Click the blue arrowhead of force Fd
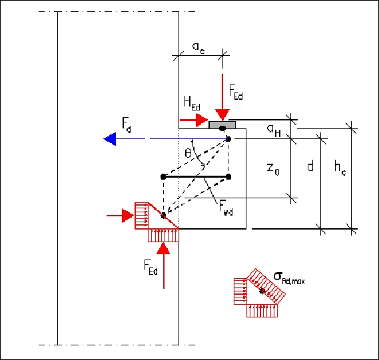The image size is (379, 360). pos(110,139)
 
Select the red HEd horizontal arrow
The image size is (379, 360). pos(194,120)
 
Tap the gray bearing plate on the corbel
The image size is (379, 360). pos(222,125)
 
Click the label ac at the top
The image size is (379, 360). pos(198,47)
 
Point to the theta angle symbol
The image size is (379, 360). pos(188,153)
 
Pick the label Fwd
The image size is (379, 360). pos(226,208)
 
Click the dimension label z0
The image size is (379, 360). pos(273,168)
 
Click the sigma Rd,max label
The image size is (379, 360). pos(289,278)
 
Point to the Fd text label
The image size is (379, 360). pos(127,125)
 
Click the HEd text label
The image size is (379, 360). pos(192,103)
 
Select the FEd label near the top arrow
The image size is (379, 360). pos(236,92)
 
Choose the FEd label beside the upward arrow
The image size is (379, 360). pos(151,267)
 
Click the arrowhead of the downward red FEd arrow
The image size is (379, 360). pos(222,114)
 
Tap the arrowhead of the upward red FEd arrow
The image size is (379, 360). pos(163,248)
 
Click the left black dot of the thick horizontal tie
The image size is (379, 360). pos(163,177)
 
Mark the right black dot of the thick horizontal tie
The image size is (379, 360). pos(228,177)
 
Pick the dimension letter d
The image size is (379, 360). pos(310,166)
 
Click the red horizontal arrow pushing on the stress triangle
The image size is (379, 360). pos(120,216)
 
